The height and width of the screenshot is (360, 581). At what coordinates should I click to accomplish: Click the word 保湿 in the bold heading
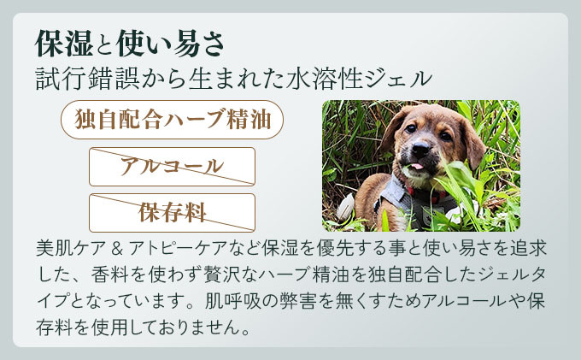point(64,44)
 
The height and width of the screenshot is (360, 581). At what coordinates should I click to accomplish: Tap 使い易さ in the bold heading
point(171,44)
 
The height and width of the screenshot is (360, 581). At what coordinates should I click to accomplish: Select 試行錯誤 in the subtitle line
point(88,79)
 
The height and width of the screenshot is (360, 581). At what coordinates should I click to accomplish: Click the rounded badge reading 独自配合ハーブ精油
point(172,120)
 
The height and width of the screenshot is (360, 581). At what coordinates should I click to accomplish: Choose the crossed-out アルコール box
point(172,167)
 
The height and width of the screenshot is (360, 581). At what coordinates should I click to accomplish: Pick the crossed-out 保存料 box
point(172,213)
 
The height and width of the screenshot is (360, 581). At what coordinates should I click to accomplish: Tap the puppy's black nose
point(420,149)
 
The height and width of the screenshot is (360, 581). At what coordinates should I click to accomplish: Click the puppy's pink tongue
point(417,166)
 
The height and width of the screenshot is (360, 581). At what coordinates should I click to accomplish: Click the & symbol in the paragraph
point(117,248)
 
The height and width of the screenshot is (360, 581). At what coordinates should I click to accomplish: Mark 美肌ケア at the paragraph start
point(71,248)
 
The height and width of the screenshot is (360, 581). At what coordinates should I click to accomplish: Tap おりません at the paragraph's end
point(191,328)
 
